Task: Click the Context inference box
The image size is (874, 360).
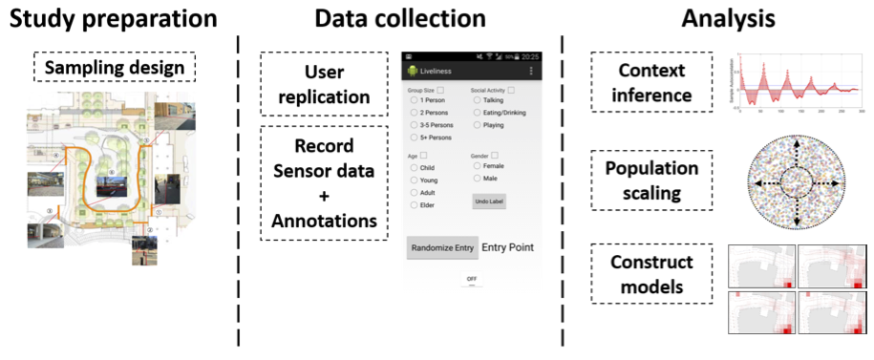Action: (x=653, y=84)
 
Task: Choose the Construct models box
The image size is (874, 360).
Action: (x=653, y=272)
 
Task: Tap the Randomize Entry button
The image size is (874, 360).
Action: (x=442, y=247)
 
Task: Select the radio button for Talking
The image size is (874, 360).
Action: (x=477, y=100)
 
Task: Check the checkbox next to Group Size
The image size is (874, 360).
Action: (x=441, y=90)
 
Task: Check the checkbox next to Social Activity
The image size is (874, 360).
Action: (x=511, y=90)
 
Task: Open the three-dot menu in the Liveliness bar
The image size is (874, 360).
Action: (x=531, y=72)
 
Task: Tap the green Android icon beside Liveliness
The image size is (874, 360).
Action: (x=413, y=72)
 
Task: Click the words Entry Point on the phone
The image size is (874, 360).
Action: (x=507, y=247)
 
